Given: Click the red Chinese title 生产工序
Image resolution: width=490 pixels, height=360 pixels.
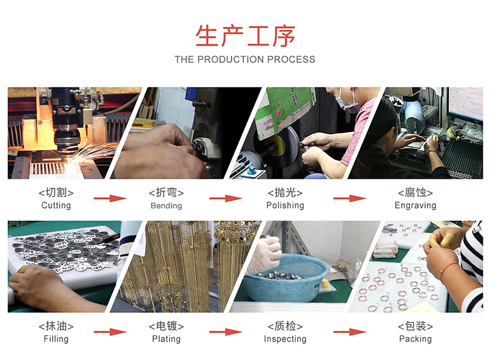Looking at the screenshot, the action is [246, 36].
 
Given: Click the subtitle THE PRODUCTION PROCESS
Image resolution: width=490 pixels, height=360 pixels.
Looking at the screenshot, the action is [245, 59].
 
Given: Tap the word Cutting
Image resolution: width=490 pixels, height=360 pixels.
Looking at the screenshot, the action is [56, 205].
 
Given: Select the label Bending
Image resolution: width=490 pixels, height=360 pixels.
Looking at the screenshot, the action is [166, 206].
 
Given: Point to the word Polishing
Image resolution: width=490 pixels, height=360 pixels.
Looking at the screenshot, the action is [285, 205].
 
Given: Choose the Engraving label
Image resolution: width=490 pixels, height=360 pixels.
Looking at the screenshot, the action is [415, 205].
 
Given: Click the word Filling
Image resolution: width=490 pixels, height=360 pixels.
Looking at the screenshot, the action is [56, 339].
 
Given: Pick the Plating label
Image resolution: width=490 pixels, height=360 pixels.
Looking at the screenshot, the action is [166, 339].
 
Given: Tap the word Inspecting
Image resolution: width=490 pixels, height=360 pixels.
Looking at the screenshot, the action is [285, 339].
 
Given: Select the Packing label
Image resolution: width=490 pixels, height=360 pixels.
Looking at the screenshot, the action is [415, 339].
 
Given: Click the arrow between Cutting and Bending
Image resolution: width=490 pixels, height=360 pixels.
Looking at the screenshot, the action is [110, 198].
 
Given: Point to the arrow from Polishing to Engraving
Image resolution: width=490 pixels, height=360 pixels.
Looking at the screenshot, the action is [350, 198].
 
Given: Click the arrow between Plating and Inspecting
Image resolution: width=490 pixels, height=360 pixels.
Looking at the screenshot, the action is [226, 332].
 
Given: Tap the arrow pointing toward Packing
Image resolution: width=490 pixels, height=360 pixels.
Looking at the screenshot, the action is [350, 332].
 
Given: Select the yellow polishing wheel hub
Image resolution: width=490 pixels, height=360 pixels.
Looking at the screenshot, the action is [277, 144].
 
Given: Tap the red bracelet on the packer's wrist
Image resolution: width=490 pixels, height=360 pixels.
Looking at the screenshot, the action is [448, 268].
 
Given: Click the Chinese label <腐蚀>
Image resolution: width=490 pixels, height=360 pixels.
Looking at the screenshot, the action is [415, 192].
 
